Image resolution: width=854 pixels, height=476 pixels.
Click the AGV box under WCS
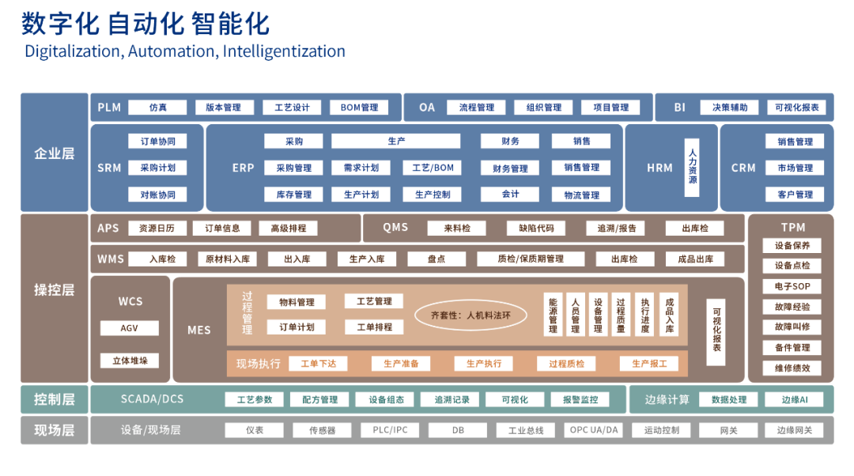[129, 328]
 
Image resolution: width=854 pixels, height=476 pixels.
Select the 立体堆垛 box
[129, 361]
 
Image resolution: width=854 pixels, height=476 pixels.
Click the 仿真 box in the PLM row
[158, 108]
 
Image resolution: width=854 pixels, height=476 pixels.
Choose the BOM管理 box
[359, 108]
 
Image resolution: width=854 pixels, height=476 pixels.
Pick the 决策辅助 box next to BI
[729, 108]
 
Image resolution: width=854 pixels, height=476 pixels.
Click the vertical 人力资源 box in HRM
[693, 168]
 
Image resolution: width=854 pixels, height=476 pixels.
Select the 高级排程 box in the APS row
[288, 229]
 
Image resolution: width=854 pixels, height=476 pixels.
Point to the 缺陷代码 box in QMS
[536, 229]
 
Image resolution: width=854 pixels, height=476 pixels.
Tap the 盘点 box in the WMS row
[436, 259]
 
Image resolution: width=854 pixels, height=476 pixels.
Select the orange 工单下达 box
[318, 364]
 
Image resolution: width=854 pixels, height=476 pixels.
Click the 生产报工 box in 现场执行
[649, 364]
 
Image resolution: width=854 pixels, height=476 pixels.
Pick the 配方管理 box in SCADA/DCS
[319, 400]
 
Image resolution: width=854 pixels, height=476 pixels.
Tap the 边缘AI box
[795, 400]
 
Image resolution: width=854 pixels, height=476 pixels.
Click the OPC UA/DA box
[594, 431]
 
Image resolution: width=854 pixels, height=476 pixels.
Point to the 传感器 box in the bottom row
[322, 431]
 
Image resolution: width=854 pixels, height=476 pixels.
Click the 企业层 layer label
[55, 153]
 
